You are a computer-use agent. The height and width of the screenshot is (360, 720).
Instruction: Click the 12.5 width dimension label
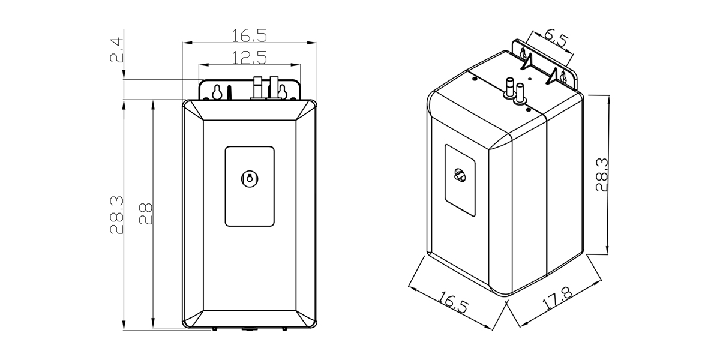249,58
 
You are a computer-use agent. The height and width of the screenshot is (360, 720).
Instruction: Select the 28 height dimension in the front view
146,213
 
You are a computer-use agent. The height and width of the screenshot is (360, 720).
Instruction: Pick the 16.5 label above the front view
249,36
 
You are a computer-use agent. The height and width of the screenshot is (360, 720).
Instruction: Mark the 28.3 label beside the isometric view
602,175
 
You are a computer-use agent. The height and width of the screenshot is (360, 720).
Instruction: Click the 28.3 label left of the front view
116,214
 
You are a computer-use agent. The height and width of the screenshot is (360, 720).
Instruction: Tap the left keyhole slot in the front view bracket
217,92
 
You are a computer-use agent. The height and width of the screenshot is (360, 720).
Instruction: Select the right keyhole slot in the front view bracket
282,92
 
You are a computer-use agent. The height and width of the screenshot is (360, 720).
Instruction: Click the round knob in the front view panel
250,178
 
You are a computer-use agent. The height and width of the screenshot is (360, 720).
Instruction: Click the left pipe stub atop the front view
258,87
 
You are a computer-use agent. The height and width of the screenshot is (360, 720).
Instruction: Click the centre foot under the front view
248,329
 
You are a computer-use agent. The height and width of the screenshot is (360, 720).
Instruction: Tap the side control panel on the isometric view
460,180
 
